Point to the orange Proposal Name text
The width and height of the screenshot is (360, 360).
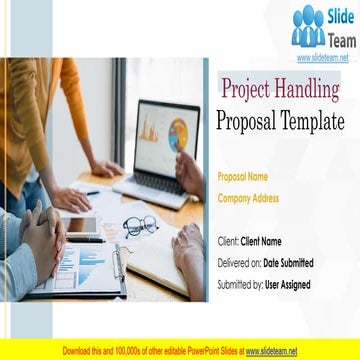tap(242, 176)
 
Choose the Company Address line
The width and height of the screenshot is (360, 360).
tap(248, 197)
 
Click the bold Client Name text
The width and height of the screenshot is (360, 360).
tap(261, 241)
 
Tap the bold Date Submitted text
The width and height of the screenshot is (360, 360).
tap(288, 263)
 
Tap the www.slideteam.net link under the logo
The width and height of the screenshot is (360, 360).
tap(322, 57)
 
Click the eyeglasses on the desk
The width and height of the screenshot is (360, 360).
tap(140, 225)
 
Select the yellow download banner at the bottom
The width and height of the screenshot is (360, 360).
tap(180, 351)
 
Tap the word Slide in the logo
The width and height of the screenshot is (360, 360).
tap(338, 17)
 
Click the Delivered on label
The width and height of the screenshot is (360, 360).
tap(239, 263)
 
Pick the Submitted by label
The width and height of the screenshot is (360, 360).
tap(240, 285)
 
